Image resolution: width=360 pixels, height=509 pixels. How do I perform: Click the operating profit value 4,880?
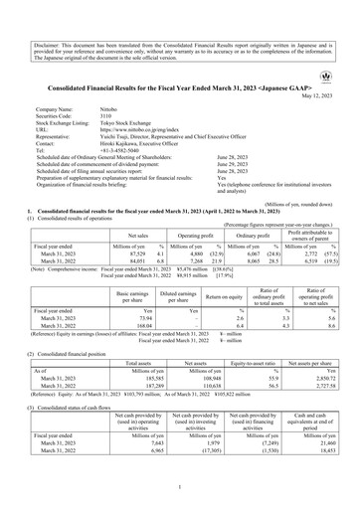pos(165,225)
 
